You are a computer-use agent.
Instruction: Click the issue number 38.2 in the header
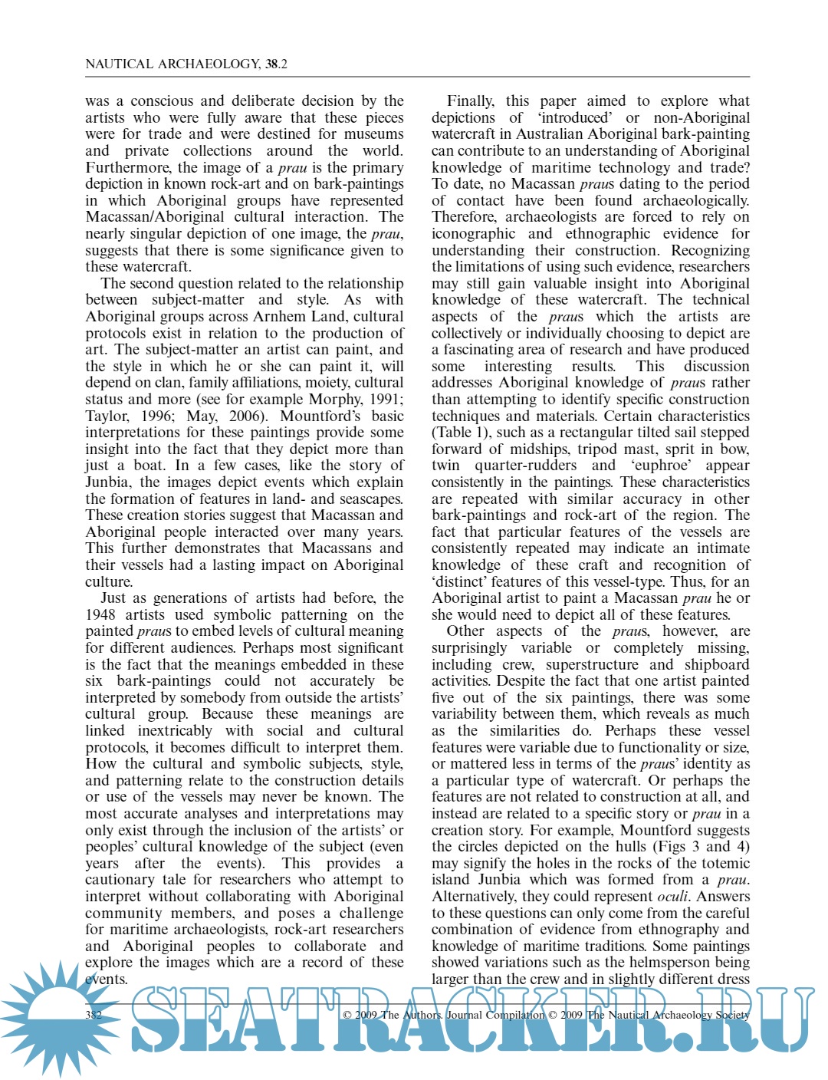pos(276,64)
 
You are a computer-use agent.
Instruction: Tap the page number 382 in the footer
pos(94,1015)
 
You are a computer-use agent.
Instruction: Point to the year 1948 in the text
pos(100,614)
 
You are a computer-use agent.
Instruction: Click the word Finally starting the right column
pos(470,101)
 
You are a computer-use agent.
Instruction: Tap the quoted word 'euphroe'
pos(662,466)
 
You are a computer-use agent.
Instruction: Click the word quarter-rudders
pos(525,466)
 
